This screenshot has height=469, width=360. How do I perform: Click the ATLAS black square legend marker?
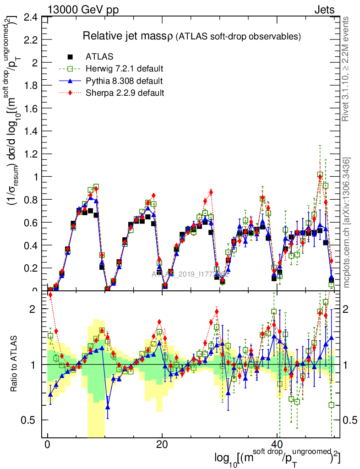(x=70, y=57)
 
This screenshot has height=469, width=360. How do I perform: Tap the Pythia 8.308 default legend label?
(x=124, y=81)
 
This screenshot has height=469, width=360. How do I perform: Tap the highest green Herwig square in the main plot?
(x=320, y=175)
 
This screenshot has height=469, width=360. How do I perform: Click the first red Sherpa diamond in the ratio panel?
(x=50, y=295)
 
